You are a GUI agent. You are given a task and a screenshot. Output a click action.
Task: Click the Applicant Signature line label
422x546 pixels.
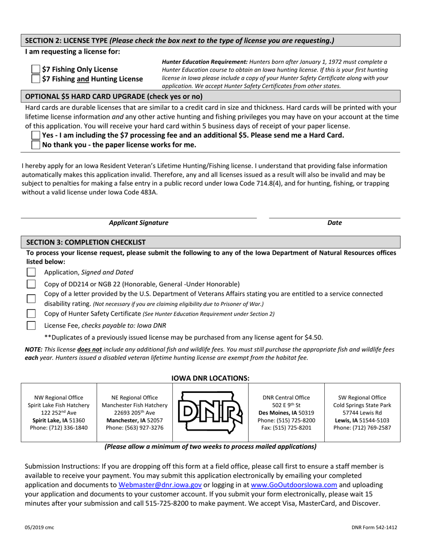click(139, 223)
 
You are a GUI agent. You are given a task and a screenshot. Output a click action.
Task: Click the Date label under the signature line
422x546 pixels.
click(334, 223)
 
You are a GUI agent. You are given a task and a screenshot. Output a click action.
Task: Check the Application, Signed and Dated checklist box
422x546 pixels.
click(32, 272)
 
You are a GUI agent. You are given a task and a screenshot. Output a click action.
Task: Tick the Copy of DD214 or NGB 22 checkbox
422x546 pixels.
click(32, 284)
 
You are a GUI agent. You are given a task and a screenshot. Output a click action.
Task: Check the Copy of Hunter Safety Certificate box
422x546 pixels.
click(32, 313)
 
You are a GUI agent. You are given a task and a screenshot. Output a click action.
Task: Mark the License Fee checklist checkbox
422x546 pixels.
click(32, 325)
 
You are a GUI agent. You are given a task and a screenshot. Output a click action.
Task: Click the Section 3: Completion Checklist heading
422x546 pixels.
click(86, 242)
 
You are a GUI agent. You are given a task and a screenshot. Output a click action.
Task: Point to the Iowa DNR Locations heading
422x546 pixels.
click(211, 378)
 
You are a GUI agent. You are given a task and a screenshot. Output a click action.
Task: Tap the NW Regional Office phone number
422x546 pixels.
click(59, 427)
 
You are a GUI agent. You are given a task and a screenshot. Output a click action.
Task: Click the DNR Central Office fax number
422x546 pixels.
click(287, 427)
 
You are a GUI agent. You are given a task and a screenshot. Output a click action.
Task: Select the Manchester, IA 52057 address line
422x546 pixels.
click(135, 420)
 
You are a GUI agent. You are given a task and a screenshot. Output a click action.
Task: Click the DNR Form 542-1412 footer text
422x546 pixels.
click(374, 527)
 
